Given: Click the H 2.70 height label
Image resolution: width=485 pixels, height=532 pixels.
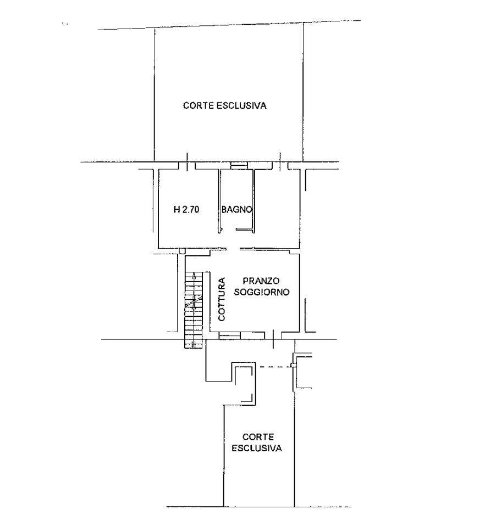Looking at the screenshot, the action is (x=186, y=210).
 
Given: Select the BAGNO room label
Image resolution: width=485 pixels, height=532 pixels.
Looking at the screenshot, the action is (x=237, y=209).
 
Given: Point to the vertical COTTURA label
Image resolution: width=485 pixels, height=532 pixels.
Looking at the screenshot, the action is (x=222, y=299).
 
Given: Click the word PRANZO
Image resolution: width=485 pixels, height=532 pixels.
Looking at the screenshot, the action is (x=261, y=281).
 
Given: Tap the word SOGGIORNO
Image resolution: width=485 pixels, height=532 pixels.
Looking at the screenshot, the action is (x=262, y=292).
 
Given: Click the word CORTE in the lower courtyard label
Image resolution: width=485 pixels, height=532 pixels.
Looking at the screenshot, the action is (x=258, y=437).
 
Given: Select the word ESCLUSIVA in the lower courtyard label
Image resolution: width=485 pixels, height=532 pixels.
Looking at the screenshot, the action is (x=257, y=448).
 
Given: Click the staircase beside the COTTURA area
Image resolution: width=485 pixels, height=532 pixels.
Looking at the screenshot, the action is (x=194, y=310).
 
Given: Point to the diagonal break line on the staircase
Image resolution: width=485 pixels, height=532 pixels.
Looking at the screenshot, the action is (x=194, y=302).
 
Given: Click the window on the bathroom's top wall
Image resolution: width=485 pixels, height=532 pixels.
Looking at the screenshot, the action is (x=238, y=166).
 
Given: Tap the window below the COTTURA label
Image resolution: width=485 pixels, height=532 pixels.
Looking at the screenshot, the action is (x=229, y=335).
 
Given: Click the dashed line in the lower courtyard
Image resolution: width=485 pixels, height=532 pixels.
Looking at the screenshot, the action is (x=275, y=366).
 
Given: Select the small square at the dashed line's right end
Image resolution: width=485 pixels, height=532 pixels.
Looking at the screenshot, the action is (x=293, y=366).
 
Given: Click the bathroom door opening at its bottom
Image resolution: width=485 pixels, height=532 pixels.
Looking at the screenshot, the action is (x=229, y=231).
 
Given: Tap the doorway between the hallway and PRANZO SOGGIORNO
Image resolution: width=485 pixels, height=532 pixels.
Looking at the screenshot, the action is (x=233, y=249).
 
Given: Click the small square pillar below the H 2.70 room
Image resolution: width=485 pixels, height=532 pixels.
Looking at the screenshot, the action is (x=182, y=251).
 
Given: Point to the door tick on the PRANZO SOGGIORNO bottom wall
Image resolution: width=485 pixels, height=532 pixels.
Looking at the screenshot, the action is (x=274, y=339).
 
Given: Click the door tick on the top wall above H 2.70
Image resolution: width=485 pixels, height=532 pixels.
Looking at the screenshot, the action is (x=188, y=161).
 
